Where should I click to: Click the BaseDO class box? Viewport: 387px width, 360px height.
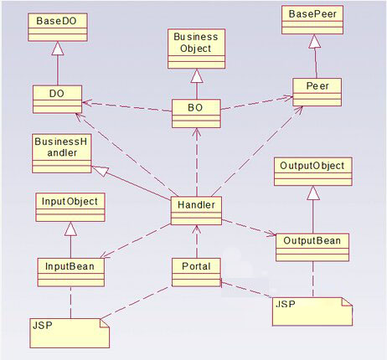tap(58, 27)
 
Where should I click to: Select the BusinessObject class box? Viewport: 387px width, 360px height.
tap(196, 49)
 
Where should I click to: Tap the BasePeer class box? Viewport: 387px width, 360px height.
tap(312, 20)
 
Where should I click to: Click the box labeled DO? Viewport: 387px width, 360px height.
tap(57, 99)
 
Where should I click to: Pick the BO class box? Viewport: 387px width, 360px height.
tap(196, 113)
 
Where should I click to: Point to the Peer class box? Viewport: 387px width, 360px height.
tap(317, 92)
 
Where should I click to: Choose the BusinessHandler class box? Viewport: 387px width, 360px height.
tap(62, 154)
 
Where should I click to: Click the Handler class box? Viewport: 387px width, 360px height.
tap(196, 211)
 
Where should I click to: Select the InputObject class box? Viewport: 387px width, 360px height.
tap(70, 208)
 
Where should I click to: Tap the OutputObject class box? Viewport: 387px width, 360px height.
tap(313, 172)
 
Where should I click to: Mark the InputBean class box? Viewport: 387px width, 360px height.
tap(71, 272)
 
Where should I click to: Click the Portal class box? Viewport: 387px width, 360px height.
tap(196, 272)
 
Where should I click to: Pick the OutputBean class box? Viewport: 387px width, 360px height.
tap(312, 247)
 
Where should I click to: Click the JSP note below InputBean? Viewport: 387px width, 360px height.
tap(70, 333)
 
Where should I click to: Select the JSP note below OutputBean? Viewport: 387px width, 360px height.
tap(312, 311)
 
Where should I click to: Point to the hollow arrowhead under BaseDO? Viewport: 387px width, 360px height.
tap(58, 48)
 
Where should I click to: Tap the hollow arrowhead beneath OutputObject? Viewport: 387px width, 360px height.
tap(313, 193)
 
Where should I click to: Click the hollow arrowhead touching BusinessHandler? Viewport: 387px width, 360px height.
tap(99, 170)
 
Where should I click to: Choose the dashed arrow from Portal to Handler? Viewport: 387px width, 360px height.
tap(197, 242)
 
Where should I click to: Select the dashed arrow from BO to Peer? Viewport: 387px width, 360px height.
tap(256, 103)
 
